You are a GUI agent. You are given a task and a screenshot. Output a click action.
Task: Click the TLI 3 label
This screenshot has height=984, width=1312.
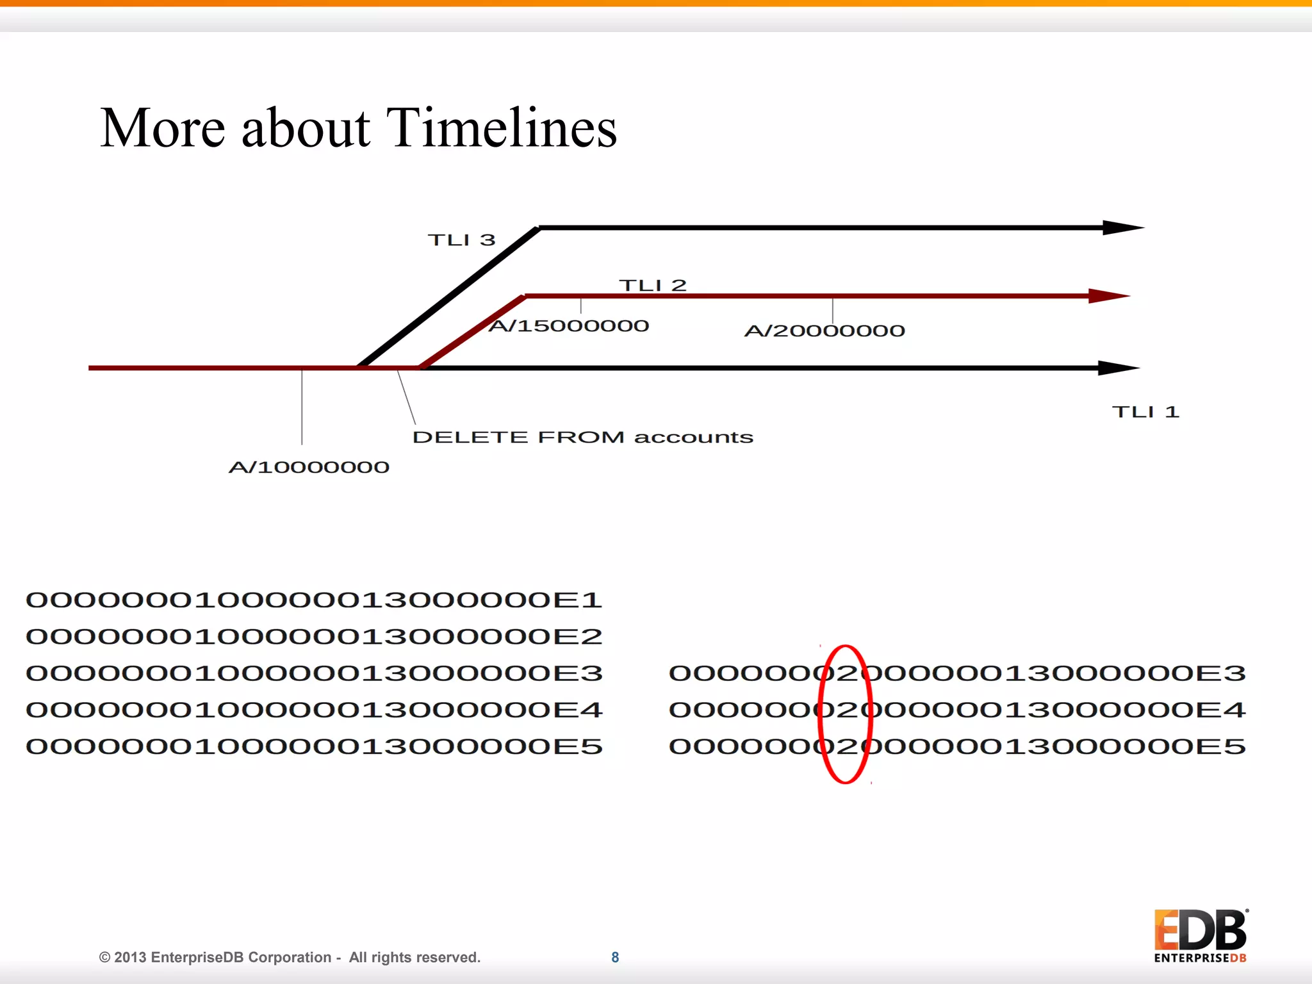click(x=461, y=240)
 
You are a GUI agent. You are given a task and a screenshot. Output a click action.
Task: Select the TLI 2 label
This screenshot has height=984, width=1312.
click(x=652, y=285)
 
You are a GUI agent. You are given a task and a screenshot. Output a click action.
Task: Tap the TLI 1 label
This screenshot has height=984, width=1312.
click(x=1145, y=412)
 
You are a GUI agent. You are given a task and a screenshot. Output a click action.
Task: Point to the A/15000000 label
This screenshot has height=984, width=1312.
click(x=569, y=326)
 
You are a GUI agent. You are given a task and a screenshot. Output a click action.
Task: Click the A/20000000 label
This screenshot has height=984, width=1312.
click(x=824, y=331)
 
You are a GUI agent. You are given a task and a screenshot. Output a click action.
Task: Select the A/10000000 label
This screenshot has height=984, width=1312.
click(x=309, y=467)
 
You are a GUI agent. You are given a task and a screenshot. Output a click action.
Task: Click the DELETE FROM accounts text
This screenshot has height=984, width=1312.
click(x=582, y=438)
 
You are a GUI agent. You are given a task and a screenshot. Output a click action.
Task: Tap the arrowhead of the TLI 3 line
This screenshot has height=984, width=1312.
click(x=1122, y=227)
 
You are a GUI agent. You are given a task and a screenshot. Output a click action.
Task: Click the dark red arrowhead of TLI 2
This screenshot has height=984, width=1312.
click(x=1108, y=296)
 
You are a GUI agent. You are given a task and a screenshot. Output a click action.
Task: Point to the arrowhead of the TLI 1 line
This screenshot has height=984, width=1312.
click(x=1118, y=368)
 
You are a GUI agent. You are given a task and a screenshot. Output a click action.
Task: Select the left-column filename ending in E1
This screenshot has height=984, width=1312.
click(x=314, y=600)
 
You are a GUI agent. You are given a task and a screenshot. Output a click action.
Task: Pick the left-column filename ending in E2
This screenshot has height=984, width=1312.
click(x=314, y=637)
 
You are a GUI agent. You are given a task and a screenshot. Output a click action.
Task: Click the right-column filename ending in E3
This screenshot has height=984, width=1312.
click(x=957, y=673)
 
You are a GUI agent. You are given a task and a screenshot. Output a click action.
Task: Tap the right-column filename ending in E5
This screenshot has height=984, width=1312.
click(x=957, y=746)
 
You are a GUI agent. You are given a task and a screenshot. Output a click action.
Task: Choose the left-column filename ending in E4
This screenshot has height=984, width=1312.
click(x=314, y=710)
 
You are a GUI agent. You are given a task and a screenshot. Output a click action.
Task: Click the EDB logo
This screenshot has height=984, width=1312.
click(x=1200, y=935)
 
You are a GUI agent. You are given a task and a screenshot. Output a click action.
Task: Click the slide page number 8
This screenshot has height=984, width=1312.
click(x=615, y=957)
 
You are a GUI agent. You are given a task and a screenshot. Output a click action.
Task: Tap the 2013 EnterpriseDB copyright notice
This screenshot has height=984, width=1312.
click(x=290, y=957)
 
